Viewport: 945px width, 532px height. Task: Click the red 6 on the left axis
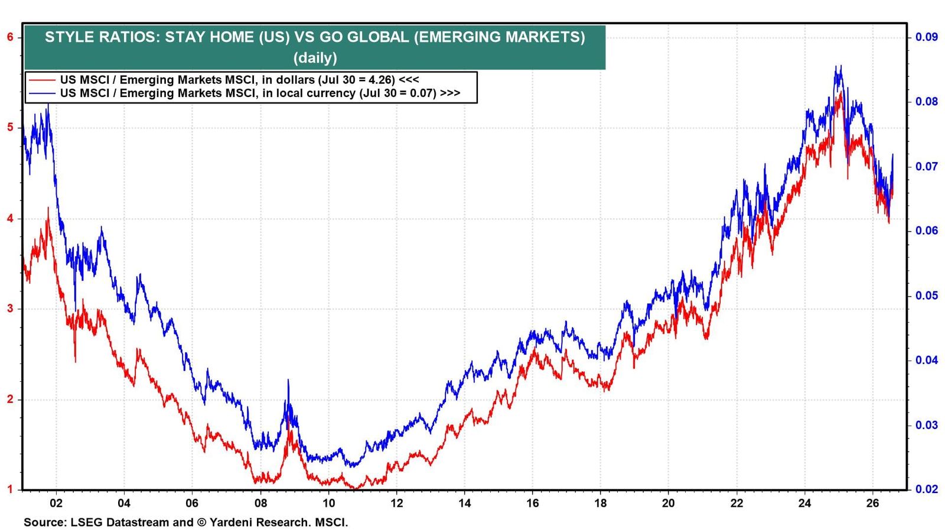(9, 37)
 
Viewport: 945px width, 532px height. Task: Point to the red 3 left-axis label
(9, 309)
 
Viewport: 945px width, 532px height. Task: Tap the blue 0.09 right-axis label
(927, 37)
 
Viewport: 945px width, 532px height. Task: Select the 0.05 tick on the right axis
(927, 295)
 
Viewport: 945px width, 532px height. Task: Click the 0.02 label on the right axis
(927, 489)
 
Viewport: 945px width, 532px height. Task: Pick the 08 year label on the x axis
(260, 503)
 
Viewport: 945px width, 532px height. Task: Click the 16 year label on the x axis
(532, 503)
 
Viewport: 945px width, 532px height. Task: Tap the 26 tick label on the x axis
(872, 503)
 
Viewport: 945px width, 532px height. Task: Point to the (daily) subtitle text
(315, 57)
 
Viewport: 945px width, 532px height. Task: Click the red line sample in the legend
(41, 80)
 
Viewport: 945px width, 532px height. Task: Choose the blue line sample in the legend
(41, 93)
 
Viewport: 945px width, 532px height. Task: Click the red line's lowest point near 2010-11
(356, 488)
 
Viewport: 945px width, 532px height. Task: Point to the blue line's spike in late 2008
(288, 379)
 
